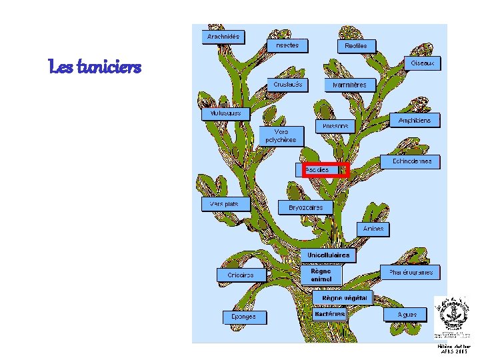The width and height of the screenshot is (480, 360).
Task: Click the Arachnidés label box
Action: [x=223, y=36]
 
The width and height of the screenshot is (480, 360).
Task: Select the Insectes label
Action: [x=287, y=45]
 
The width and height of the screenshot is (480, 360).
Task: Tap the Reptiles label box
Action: [x=356, y=45]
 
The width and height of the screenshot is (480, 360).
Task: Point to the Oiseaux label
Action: [x=422, y=63]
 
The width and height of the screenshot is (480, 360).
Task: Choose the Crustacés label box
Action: [x=288, y=85]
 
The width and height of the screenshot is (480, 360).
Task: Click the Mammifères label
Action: [x=350, y=85]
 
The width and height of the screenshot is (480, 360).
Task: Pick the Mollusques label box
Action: [x=226, y=114]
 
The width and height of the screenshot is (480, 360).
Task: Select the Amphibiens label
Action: [x=419, y=121]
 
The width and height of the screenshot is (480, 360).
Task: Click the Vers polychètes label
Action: [x=281, y=136]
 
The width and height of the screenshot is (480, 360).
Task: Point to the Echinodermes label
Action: [x=411, y=161]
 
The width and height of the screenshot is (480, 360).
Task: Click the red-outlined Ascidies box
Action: [x=324, y=170]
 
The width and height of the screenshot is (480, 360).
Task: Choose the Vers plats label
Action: [x=225, y=204]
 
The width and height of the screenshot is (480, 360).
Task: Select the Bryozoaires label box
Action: [x=305, y=207]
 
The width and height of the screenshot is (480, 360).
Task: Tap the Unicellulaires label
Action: [x=328, y=255]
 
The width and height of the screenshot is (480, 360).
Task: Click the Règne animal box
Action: [x=321, y=275]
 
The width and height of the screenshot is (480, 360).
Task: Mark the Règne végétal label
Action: [x=343, y=297]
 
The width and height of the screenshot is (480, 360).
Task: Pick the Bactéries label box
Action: [x=329, y=313]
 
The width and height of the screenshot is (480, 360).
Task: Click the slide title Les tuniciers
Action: [x=95, y=66]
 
